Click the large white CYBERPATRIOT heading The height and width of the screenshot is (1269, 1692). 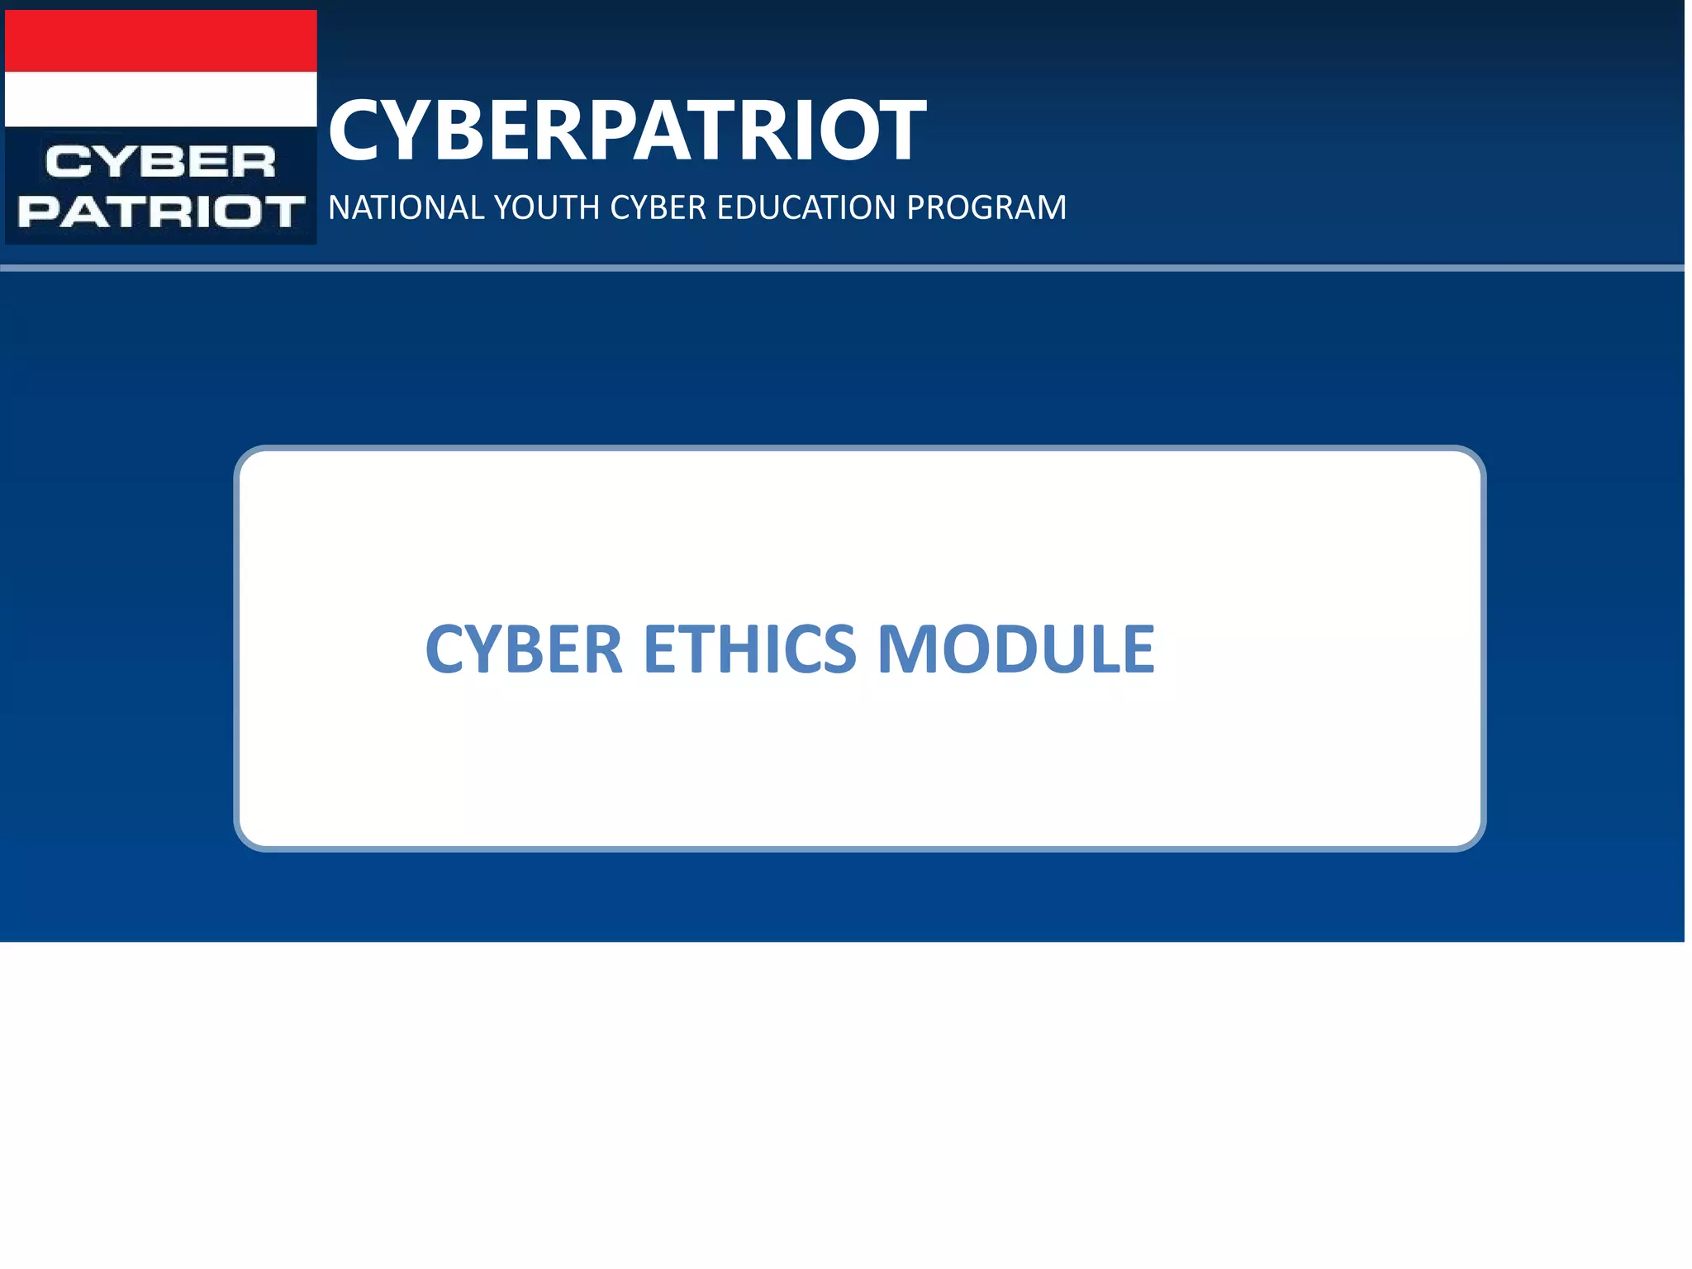627,130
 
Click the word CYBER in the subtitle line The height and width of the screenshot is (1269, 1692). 658,207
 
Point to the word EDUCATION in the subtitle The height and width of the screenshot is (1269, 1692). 806,207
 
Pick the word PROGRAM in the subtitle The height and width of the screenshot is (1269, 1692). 986,207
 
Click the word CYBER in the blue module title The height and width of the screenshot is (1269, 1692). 524,649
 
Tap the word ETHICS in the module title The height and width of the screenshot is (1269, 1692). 749,649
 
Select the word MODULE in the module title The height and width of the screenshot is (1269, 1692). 1015,649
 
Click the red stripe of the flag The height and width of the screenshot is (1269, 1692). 161,41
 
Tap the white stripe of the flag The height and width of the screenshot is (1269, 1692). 161,99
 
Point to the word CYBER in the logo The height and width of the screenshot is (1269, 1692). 160,162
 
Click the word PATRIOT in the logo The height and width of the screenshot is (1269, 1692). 161,211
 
